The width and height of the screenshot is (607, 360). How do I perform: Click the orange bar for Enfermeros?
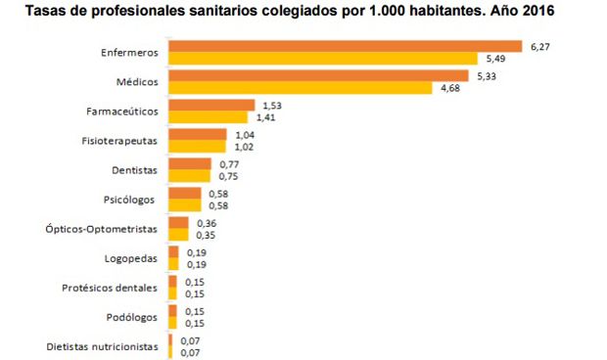[x=345, y=46]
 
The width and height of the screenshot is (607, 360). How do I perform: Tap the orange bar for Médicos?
[x=318, y=75]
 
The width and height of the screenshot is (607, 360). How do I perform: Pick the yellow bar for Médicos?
[x=300, y=89]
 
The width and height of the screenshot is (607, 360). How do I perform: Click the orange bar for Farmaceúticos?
[x=211, y=105]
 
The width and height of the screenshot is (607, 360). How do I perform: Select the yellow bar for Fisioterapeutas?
[x=197, y=148]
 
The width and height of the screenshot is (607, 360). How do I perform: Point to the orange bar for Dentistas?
[x=190, y=163]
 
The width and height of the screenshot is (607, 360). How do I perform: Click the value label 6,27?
[x=539, y=46]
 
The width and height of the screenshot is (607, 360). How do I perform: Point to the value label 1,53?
[x=269, y=105]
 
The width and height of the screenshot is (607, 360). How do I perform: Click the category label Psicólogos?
[x=130, y=200]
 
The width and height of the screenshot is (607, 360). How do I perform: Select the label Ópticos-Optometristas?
[x=102, y=229]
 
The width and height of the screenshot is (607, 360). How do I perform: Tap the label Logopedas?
[x=131, y=259]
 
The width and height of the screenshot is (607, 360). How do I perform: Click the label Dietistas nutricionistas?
[x=102, y=347]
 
